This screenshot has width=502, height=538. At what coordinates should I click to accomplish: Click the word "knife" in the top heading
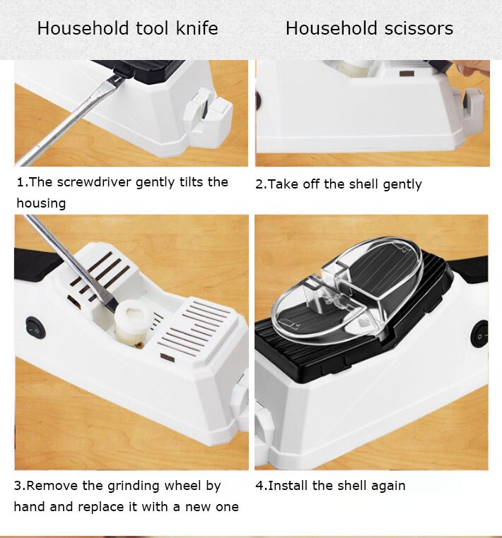pyautogui.click(x=197, y=28)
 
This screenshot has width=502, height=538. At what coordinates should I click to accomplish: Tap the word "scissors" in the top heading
pyautogui.click(x=419, y=28)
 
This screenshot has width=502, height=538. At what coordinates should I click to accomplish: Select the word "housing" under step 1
pyautogui.click(x=41, y=203)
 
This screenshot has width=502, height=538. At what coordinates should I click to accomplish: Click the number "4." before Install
pyautogui.click(x=261, y=486)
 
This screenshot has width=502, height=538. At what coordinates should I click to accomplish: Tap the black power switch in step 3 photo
pyautogui.click(x=35, y=328)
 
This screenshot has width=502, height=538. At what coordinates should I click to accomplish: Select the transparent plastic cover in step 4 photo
pyautogui.click(x=347, y=291)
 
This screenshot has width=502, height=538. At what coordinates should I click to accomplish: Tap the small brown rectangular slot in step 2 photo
pyautogui.click(x=407, y=73)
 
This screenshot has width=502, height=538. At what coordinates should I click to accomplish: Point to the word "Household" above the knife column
pyautogui.click(x=83, y=28)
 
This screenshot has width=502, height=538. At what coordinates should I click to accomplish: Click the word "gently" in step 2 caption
pyautogui.click(x=402, y=184)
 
